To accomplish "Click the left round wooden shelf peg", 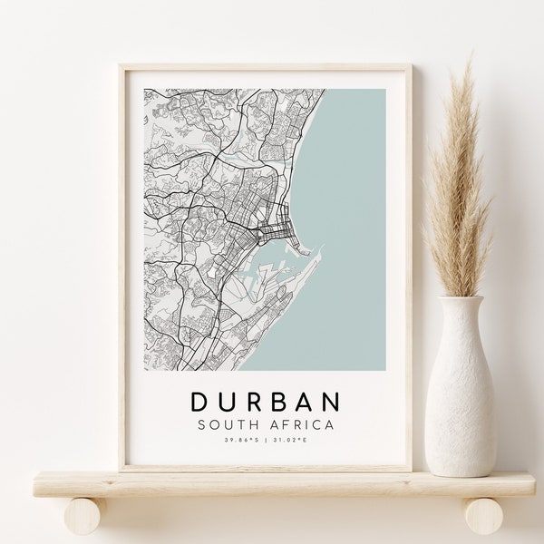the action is click(x=83, y=516).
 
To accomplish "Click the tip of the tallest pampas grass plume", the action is click(x=471, y=62).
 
